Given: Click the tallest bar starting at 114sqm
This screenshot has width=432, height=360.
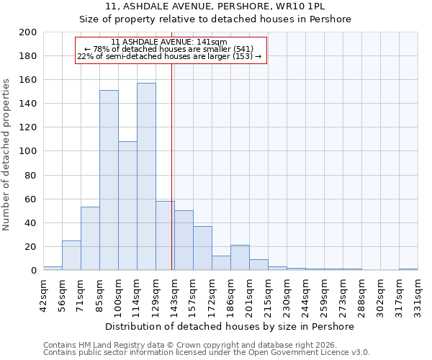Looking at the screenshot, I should [146, 176].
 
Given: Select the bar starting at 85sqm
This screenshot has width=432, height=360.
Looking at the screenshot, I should [109, 180].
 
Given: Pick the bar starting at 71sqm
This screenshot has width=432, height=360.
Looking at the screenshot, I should [90, 238].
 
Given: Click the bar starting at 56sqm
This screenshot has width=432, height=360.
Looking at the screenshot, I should [71, 256].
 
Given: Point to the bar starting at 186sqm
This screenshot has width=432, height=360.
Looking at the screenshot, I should [240, 258].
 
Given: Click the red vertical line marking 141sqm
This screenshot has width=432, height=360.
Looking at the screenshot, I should [172, 166].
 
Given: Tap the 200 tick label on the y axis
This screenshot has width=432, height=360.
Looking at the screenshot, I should [27, 32].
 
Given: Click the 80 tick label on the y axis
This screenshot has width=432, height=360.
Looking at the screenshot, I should [30, 175].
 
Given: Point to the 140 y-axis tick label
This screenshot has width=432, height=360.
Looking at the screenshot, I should [27, 104].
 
